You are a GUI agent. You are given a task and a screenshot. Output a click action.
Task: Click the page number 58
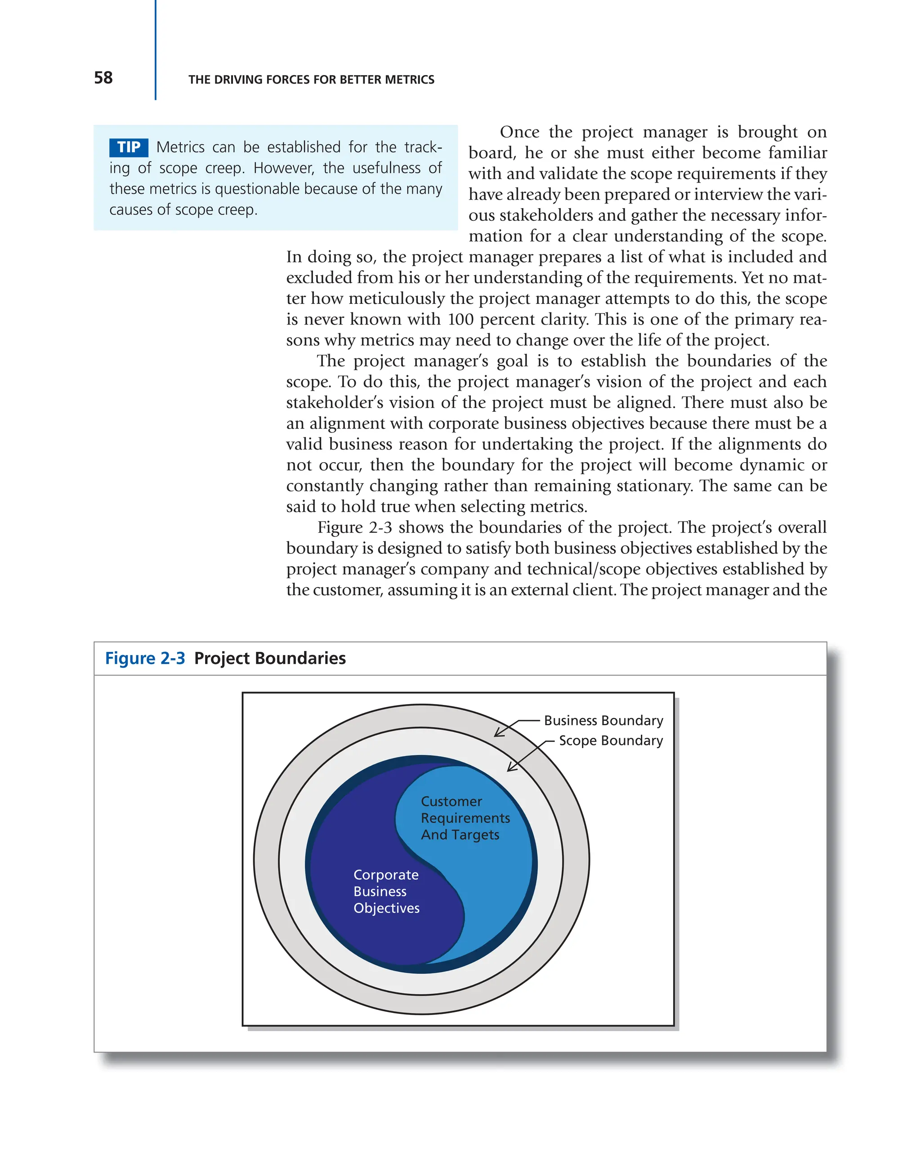click(103, 78)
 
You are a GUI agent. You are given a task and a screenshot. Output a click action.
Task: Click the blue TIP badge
click(129, 147)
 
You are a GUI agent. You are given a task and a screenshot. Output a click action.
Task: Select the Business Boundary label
click(604, 721)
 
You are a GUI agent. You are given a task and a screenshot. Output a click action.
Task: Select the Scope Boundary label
click(611, 740)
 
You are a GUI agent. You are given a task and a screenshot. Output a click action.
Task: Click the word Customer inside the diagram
click(451, 802)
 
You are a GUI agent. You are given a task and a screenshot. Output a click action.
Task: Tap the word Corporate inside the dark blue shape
click(386, 875)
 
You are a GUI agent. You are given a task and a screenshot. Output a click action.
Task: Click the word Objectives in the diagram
click(386, 908)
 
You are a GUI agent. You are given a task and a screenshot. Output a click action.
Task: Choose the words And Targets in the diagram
click(460, 834)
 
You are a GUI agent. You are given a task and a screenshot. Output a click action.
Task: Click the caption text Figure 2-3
click(145, 658)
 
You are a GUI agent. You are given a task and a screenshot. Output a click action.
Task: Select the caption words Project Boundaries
click(269, 658)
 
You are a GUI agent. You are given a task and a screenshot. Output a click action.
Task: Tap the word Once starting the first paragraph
click(519, 132)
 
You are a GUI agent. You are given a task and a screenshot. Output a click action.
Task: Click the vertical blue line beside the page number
click(156, 51)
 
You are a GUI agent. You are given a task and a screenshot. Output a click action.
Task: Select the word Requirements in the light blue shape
click(465, 818)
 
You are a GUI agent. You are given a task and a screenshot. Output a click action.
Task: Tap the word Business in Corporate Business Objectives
click(380, 892)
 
